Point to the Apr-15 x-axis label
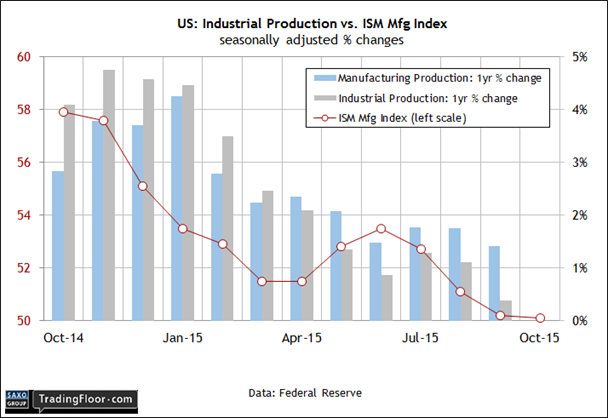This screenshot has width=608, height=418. point(301,338)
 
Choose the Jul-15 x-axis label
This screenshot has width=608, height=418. point(420,338)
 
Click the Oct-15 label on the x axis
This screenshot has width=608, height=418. point(539,338)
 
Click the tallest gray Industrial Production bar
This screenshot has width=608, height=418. point(108,195)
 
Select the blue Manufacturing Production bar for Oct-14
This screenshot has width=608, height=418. point(58,245)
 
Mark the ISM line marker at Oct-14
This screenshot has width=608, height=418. point(64,112)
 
